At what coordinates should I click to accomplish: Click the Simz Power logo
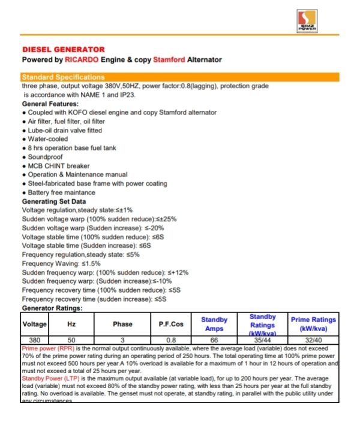(308, 21)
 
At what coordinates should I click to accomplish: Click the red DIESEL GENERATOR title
(63, 49)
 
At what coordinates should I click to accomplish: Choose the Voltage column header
(34, 324)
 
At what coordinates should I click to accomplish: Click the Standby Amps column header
(214, 324)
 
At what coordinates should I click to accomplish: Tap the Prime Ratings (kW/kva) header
(313, 324)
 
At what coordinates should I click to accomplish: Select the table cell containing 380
(34, 340)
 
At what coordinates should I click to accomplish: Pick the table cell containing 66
(214, 340)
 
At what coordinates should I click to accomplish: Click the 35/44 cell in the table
(262, 340)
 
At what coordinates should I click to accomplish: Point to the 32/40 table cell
(313, 340)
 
